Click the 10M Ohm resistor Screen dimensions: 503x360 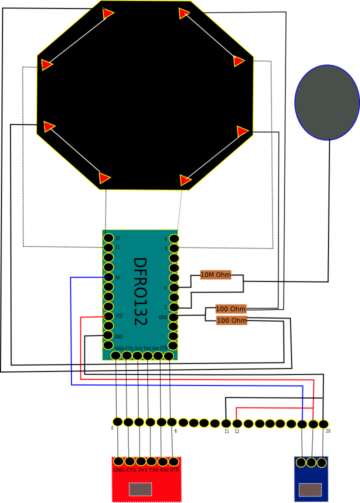click(x=215, y=274)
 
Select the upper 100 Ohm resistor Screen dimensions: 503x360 click(x=231, y=308)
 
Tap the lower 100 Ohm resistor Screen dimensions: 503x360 click(x=231, y=320)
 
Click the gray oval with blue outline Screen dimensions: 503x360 click(x=327, y=102)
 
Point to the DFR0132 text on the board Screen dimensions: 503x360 click(x=139, y=291)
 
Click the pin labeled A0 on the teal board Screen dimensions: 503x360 click(x=108, y=277)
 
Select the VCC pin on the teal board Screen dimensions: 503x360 click(x=108, y=316)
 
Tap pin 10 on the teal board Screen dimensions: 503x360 click(x=108, y=238)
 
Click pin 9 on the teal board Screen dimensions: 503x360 click(x=173, y=239)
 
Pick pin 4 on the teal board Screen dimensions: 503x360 click(x=173, y=287)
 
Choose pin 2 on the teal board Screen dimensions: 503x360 click(x=173, y=307)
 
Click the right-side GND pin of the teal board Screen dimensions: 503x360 click(x=173, y=317)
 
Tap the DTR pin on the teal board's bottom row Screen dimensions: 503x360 click(x=168, y=355)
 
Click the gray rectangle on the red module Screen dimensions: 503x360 click(x=140, y=489)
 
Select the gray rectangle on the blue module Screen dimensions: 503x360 click(x=310, y=490)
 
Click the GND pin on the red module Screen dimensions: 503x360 click(x=118, y=461)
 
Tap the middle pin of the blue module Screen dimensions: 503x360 click(x=311, y=462)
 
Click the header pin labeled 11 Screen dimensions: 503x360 click(x=226, y=423)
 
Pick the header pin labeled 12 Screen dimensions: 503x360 click(x=237, y=424)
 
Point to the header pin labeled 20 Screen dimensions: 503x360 click(x=323, y=424)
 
